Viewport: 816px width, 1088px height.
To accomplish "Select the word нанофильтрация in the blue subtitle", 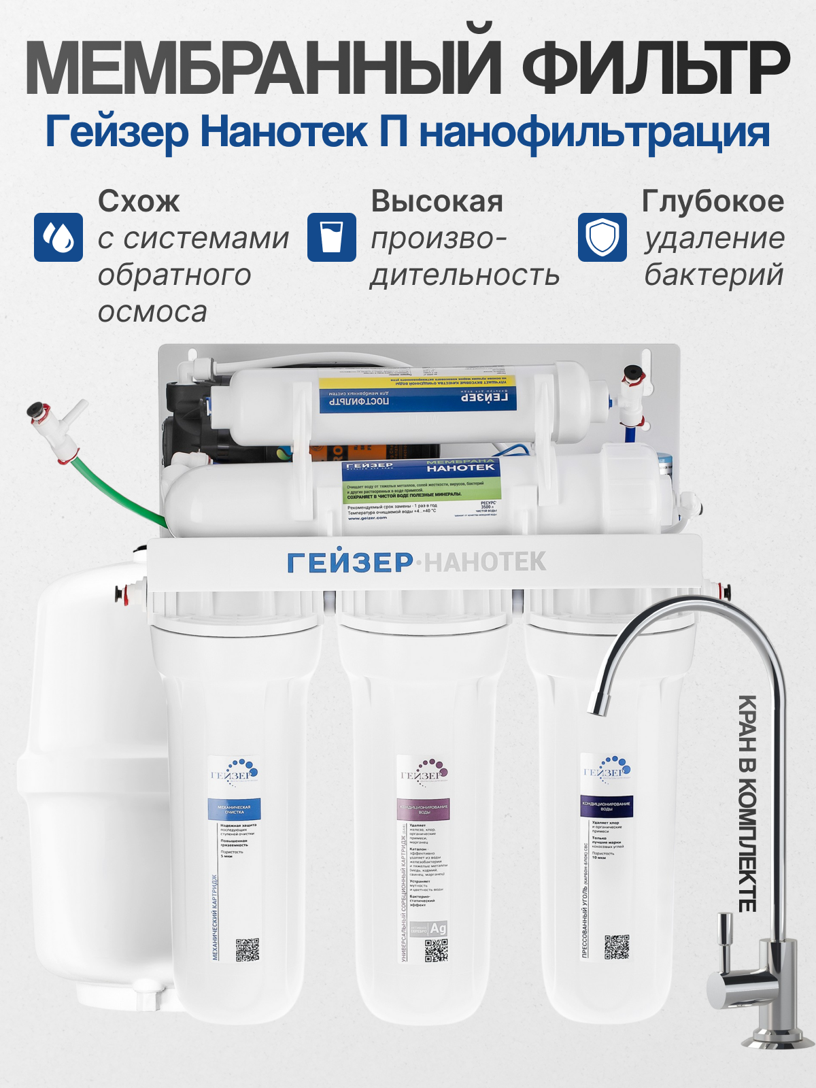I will (594, 133).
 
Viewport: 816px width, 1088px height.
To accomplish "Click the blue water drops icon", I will (58, 237).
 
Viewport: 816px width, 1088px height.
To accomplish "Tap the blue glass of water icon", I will (331, 237).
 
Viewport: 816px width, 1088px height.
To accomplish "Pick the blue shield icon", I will (602, 237).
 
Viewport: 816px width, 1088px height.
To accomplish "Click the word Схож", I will (139, 201).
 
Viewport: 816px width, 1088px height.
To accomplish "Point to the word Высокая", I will (437, 201).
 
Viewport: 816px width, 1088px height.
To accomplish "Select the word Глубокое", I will (713, 201).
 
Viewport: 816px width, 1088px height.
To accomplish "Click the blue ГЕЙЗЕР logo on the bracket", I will (350, 563).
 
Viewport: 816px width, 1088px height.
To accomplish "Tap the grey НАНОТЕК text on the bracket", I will (485, 562).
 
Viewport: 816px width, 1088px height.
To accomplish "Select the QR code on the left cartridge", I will (248, 949).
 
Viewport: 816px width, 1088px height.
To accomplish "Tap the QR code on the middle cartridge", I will (436, 950).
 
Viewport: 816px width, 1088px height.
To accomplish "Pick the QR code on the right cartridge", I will (617, 947).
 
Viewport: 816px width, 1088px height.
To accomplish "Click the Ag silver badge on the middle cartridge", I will (438, 928).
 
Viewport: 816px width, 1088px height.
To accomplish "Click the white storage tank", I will (88, 782).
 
